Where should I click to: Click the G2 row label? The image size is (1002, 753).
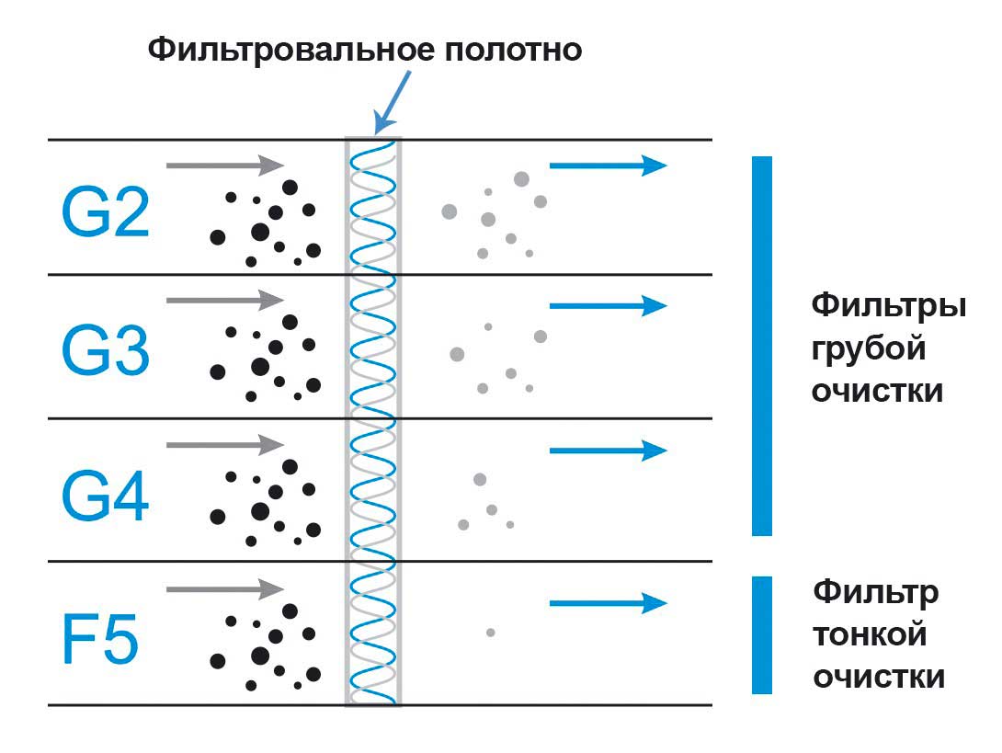(x=105, y=212)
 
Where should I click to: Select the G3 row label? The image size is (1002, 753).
(x=105, y=350)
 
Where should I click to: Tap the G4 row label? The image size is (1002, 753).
(x=105, y=496)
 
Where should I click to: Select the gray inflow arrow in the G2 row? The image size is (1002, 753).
(x=225, y=165)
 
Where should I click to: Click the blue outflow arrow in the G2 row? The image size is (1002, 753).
(x=607, y=165)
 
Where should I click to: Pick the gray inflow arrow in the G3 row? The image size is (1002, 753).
(x=225, y=300)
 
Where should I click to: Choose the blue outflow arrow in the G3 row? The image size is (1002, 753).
(x=607, y=305)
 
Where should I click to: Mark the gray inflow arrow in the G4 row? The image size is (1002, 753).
(x=225, y=445)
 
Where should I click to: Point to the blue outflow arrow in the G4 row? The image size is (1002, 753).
(x=607, y=450)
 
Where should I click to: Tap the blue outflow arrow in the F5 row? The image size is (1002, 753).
(x=607, y=603)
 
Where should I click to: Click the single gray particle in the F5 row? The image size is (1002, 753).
(x=491, y=633)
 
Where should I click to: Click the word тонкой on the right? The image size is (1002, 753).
(x=870, y=634)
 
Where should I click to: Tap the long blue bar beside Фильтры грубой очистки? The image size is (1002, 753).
(x=762, y=346)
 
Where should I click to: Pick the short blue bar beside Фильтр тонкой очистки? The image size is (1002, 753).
(x=762, y=634)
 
